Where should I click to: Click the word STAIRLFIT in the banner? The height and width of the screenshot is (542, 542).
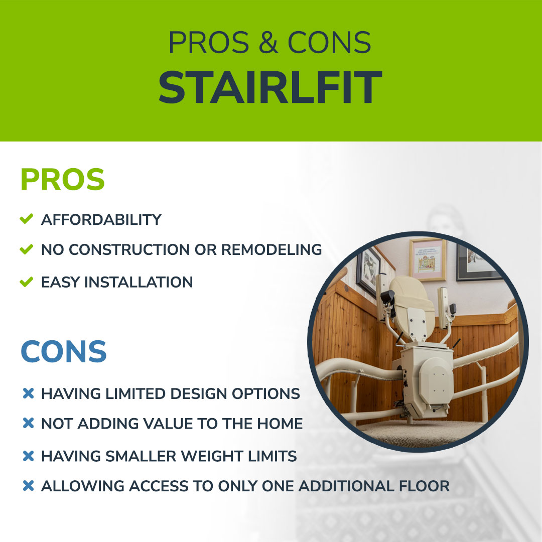click(270, 87)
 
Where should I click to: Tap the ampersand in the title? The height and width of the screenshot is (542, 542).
click(268, 42)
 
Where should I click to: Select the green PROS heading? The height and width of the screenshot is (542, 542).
click(63, 179)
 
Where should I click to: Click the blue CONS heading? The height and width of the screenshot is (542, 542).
click(64, 351)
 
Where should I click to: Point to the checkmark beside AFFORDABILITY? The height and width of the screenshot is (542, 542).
click(27, 218)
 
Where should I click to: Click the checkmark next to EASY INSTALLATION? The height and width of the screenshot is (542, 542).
click(27, 282)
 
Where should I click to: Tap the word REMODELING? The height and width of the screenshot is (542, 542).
click(272, 249)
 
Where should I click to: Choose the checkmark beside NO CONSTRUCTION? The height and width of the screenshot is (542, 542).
click(27, 249)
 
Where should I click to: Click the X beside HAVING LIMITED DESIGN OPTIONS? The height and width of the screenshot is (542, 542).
click(28, 393)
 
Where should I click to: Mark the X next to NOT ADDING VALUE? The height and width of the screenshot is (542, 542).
click(28, 423)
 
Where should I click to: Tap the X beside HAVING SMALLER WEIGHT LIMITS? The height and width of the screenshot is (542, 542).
click(28, 456)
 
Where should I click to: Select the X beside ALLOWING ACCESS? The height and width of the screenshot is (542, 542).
click(28, 486)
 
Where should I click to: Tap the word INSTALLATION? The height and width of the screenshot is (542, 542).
click(139, 282)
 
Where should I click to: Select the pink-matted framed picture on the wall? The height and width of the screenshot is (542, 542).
click(428, 259)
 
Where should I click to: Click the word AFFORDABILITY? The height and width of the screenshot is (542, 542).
click(101, 220)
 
